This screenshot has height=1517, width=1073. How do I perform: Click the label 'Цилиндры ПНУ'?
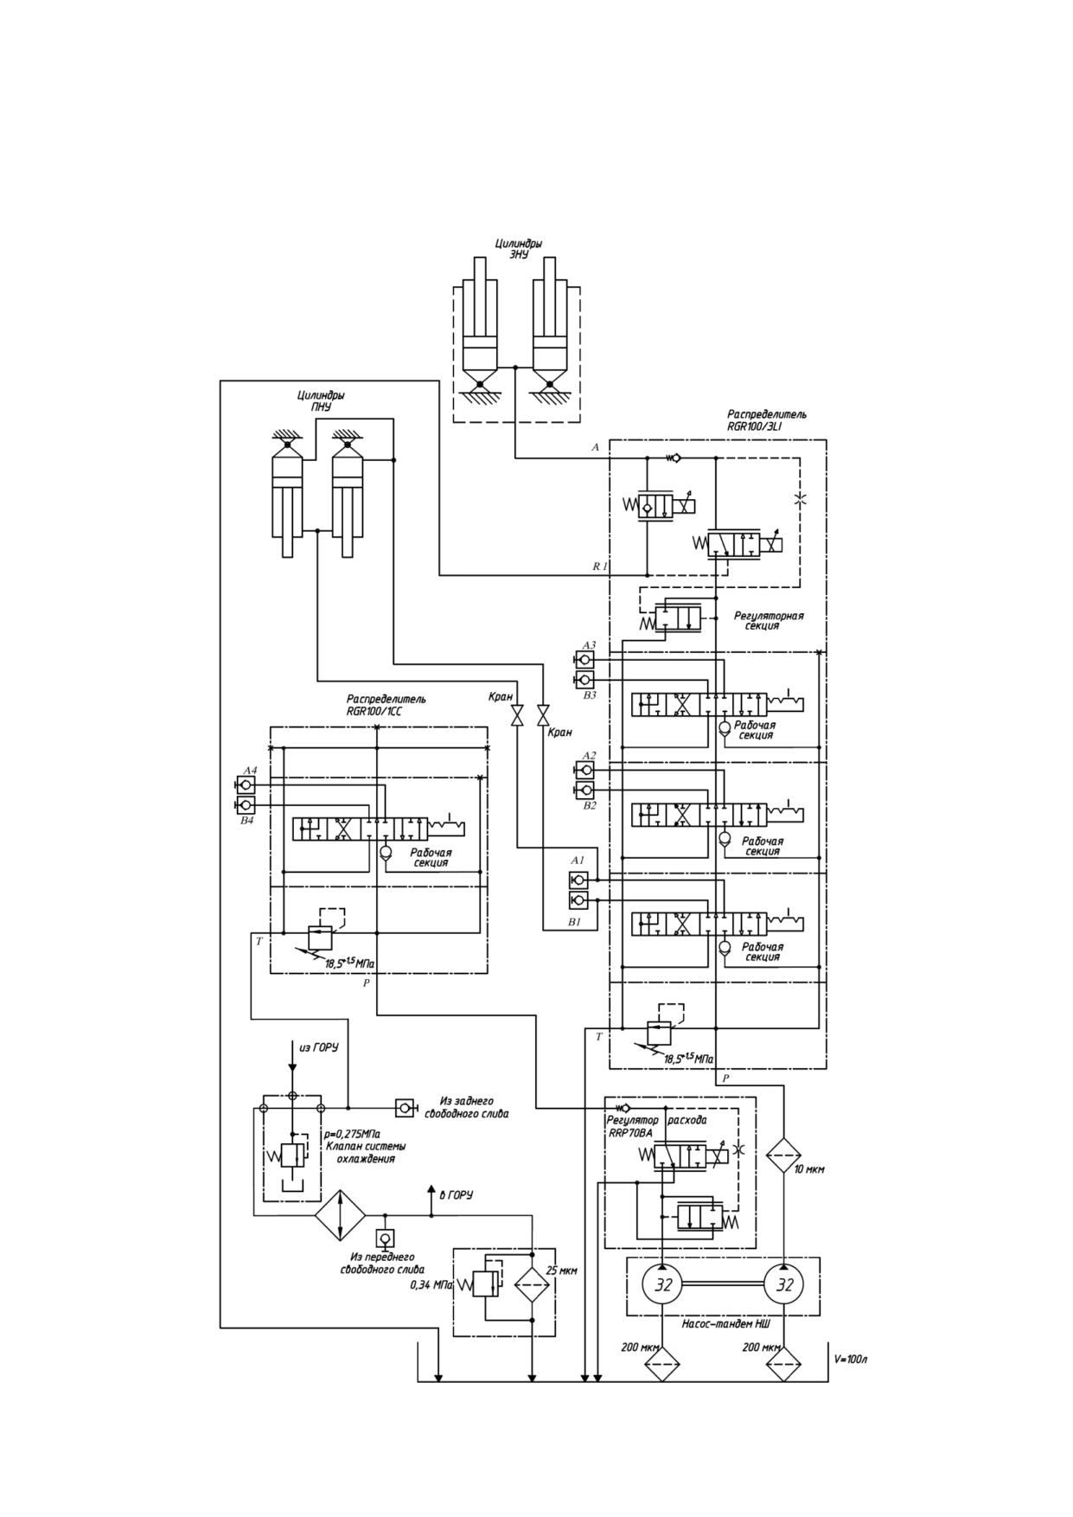coord(321,401)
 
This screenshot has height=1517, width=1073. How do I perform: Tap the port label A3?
coord(589,645)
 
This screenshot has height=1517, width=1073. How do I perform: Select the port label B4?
coord(247,820)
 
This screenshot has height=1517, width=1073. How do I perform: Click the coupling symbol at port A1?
coord(578,880)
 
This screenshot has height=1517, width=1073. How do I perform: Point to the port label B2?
coord(590,805)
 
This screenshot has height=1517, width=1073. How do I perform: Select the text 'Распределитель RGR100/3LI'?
coord(767,420)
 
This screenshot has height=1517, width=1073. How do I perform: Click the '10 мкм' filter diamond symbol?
coord(783,1155)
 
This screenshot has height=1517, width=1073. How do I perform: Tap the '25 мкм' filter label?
coord(562,1271)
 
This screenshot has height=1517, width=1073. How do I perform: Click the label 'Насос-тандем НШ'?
coord(726,1324)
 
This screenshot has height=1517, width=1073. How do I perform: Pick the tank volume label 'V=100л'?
coord(851,1359)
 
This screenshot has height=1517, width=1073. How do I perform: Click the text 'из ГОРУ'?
coord(318,1047)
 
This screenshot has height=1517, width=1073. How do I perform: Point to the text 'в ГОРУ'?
coord(457,1195)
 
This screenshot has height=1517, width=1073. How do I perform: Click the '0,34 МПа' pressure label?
coord(431,1285)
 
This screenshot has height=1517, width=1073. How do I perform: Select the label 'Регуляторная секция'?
coord(769,621)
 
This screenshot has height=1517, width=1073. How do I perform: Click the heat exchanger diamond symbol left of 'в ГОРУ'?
coord(341,1215)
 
